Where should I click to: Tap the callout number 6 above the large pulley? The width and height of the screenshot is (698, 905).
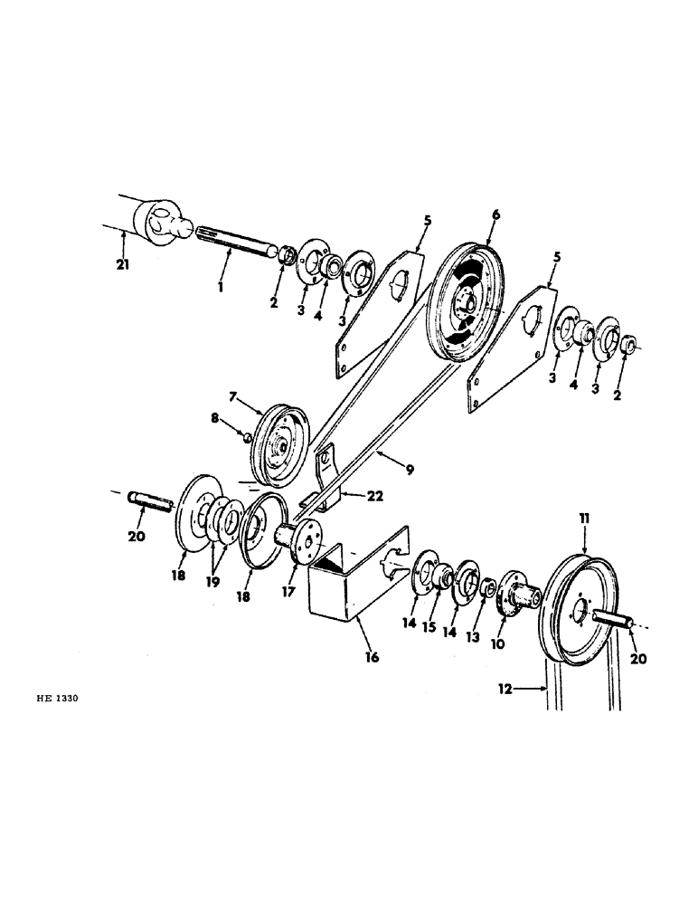(495, 215)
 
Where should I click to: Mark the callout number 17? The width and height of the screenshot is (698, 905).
(289, 595)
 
